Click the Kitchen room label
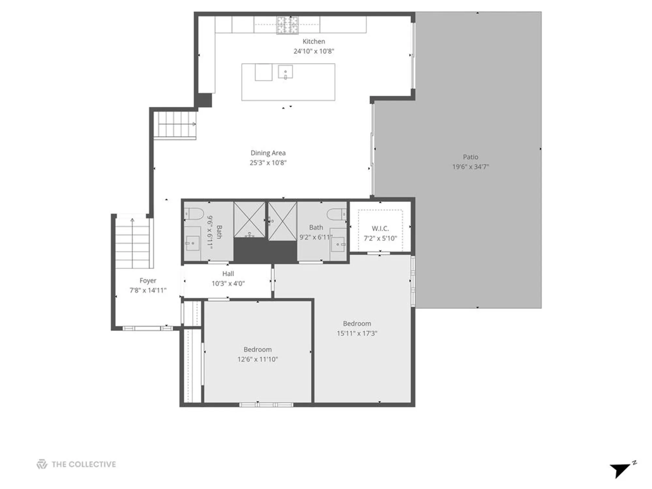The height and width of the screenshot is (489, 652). (314, 41)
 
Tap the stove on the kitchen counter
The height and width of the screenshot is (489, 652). (288, 25)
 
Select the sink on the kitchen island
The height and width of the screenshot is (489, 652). (285, 72)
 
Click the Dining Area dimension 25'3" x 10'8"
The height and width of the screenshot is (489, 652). (268, 163)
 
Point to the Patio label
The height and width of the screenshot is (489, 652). (470, 157)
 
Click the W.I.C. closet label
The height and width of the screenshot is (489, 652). (380, 229)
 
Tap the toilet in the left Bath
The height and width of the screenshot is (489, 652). (194, 214)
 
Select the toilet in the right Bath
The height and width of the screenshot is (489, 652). (336, 214)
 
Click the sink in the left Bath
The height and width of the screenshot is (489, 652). (193, 243)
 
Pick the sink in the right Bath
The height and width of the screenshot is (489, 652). (338, 244)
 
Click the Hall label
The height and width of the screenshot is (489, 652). (228, 274)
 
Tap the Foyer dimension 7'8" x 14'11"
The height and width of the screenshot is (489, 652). (148, 290)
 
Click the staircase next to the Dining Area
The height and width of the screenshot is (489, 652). (175, 125)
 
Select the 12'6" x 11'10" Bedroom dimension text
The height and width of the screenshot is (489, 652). (258, 359)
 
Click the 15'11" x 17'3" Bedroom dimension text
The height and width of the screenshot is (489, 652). (357, 333)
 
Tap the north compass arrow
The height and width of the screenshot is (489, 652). (620, 470)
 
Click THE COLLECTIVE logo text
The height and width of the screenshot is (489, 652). (83, 464)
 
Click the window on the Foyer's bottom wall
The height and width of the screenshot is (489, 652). (148, 328)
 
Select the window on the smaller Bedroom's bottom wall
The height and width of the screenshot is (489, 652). (266, 405)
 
